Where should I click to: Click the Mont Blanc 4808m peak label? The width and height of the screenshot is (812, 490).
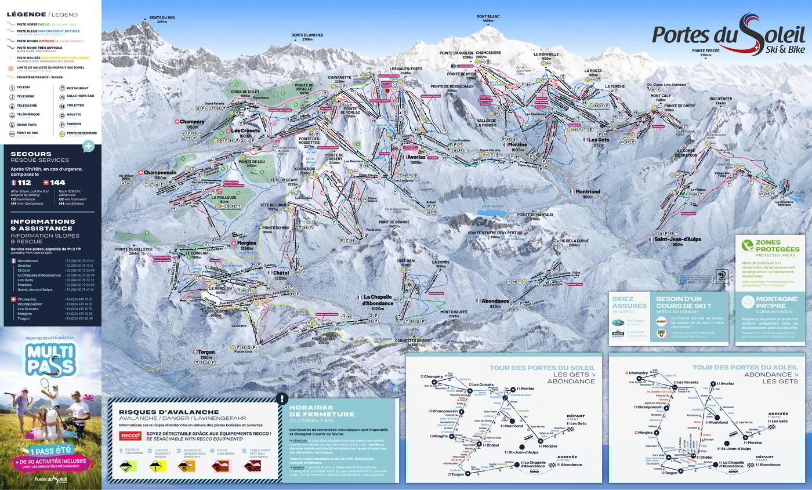(x=488, y=19)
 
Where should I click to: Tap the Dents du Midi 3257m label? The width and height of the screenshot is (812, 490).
(x=162, y=20)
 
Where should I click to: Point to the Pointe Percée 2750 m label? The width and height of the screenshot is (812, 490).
(x=705, y=53)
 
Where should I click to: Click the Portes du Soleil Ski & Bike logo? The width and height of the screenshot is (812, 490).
(x=728, y=37)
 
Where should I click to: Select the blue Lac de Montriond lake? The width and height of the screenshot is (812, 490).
(x=490, y=213)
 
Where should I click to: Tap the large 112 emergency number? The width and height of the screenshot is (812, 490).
(x=23, y=182)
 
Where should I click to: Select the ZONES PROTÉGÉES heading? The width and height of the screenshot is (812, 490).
(x=777, y=246)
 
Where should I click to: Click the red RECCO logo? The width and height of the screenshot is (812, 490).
(x=130, y=435)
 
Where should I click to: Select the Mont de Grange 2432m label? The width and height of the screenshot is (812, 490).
(x=394, y=223)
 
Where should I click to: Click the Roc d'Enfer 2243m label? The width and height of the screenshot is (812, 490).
(x=720, y=101)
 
